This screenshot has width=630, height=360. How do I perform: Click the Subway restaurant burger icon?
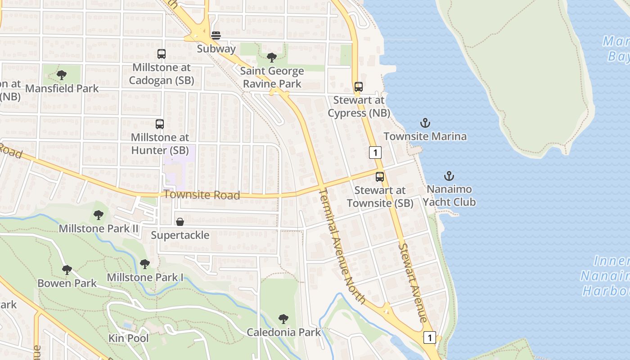click(216, 35)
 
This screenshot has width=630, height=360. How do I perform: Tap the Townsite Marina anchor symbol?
click(425, 122)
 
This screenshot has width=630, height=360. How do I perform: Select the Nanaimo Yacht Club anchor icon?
click(449, 176)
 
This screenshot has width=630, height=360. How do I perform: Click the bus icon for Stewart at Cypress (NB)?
click(359, 86)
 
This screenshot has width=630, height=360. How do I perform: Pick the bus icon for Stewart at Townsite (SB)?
click(380, 176)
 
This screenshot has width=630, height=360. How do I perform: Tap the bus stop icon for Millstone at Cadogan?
click(162, 54)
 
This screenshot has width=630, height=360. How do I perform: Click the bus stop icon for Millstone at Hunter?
click(160, 124)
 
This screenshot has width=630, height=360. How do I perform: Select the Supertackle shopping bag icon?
click(180, 221)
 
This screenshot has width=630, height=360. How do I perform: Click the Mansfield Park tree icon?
click(62, 75)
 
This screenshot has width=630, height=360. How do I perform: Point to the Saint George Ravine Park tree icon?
click(272, 57)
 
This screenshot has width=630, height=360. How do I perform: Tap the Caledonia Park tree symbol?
click(283, 319)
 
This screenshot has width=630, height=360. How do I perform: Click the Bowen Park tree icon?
click(67, 270)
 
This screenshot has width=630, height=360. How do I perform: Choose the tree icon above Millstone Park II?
click(99, 215)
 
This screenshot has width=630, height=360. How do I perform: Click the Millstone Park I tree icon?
click(144, 264)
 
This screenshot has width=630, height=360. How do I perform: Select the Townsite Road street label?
click(202, 195)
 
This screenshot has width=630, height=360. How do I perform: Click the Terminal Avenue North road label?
click(342, 246)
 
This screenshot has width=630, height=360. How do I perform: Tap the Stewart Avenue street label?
click(412, 283)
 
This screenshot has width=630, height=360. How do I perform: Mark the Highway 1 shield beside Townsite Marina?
click(375, 153)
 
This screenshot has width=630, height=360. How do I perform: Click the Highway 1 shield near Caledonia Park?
click(430, 337)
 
